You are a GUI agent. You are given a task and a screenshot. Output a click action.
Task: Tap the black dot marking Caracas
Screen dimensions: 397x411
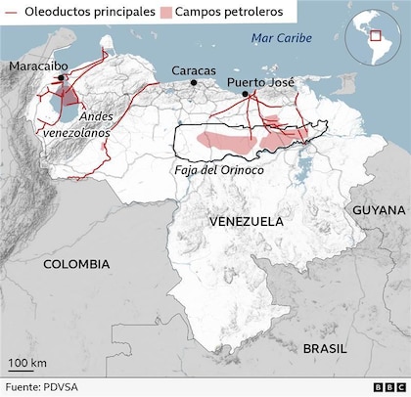(x=194, y=83)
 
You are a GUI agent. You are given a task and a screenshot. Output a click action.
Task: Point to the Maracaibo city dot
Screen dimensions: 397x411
(x=62, y=77)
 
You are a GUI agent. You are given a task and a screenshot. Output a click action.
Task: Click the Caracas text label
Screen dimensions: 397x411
(x=194, y=70)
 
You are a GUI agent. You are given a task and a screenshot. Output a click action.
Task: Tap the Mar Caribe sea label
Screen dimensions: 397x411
(x=281, y=37)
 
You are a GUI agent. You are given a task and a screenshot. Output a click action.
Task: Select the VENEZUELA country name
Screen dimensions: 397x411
(x=247, y=222)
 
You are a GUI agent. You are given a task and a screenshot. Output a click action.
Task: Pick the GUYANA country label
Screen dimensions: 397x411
(x=379, y=210)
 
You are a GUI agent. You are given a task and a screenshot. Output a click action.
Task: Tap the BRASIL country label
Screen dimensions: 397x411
(x=324, y=348)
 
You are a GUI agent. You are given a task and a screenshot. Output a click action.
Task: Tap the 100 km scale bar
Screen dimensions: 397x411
(x=27, y=373)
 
